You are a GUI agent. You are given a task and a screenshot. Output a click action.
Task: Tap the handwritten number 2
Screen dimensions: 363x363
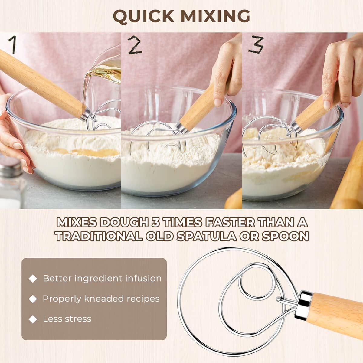pyautogui.click(x=135, y=45)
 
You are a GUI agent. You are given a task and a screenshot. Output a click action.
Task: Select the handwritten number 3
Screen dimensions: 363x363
pyautogui.click(x=256, y=45)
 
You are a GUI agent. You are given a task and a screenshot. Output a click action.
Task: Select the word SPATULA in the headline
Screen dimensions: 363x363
pyautogui.click(x=206, y=236)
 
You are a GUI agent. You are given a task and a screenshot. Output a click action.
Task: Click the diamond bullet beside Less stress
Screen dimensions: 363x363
pyautogui.click(x=33, y=319)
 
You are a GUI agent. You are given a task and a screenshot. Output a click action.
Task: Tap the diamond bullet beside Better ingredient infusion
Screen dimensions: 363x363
pyautogui.click(x=33, y=279)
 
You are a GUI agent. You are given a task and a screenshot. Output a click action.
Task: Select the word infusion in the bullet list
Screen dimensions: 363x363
pyautogui.click(x=143, y=278)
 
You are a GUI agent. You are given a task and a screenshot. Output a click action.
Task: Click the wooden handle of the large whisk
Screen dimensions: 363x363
pyautogui.click(x=336, y=315)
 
